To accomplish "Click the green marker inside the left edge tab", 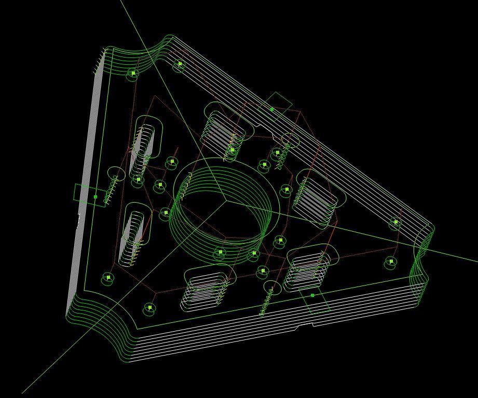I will point(95,197).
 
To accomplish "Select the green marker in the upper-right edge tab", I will point(271,109).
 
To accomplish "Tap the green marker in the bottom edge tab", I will point(312,295).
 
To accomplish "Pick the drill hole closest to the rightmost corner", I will point(395,222).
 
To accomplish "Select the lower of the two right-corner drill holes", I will point(390,263).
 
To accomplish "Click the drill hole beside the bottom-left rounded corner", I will point(108,278).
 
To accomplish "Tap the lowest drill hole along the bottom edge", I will point(149,308).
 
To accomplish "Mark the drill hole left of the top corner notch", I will point(133,74).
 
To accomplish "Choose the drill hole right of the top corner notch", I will point(180,65).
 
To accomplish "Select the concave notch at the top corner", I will point(156,52).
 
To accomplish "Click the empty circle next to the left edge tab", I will point(116,174).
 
